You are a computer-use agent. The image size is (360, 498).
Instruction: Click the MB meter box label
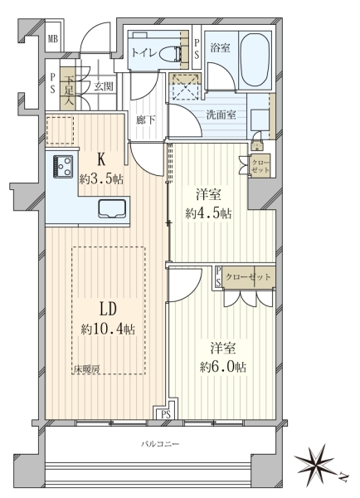coord(53,40)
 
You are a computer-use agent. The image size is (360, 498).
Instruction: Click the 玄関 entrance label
coord(103,86)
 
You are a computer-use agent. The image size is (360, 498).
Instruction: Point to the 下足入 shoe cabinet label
coord(69,90)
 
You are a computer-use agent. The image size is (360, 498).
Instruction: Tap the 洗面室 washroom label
coord(221,115)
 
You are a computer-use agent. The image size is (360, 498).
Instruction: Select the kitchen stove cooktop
coord(63,166)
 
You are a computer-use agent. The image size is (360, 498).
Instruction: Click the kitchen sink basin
coord(111,208)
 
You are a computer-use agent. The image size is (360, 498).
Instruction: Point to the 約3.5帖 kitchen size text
coord(101,180)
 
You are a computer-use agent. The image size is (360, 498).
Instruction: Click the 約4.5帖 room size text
coord(208,213)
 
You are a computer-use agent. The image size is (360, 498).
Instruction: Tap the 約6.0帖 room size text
coord(222,367)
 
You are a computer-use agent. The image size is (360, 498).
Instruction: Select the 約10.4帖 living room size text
coord(108,330)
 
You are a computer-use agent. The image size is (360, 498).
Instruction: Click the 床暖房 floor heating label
coord(87,369)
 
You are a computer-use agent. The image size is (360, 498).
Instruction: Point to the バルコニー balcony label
coord(160,444)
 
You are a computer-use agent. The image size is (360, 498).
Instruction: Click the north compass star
coord(314,461)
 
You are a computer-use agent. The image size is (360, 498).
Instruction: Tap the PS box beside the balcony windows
coord(166,414)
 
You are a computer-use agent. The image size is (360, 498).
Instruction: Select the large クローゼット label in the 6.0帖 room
coord(248,277)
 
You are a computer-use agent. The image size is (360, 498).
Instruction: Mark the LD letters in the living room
coord(109,309)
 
